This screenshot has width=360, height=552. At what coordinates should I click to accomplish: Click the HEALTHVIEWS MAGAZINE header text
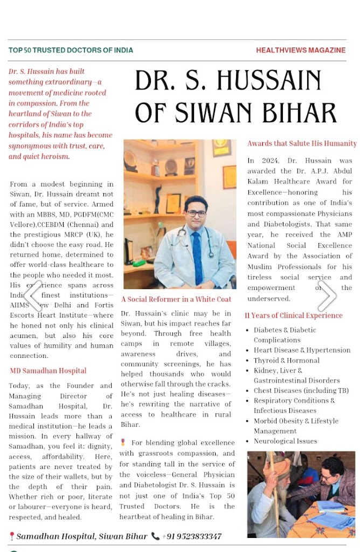pos(301,50)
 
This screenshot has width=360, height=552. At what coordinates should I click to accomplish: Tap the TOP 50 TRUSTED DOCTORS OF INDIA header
pos(71,50)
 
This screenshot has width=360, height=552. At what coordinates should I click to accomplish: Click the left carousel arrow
pos(33,295)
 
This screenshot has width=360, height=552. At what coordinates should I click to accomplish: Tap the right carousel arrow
pos(327,295)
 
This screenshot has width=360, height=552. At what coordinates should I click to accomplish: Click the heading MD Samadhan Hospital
pos(48,371)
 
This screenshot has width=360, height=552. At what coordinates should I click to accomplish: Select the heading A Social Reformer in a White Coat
pos(176,299)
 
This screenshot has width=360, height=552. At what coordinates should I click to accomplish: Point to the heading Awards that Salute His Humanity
pos(302,143)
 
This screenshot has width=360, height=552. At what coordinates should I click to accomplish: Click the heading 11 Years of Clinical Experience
pos(294,315)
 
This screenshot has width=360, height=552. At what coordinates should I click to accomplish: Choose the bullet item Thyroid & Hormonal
pos(287,360)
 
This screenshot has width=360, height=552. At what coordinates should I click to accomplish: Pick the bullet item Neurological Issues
pos(286,441)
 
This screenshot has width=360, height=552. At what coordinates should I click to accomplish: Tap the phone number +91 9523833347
pos(192,536)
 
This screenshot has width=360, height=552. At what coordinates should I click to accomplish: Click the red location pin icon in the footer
pos(12,536)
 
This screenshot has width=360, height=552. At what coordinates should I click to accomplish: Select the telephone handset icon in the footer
pos(155,536)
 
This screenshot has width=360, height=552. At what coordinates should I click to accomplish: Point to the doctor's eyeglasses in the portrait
pos(196,213)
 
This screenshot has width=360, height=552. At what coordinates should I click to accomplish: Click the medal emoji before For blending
pos(123,443)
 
